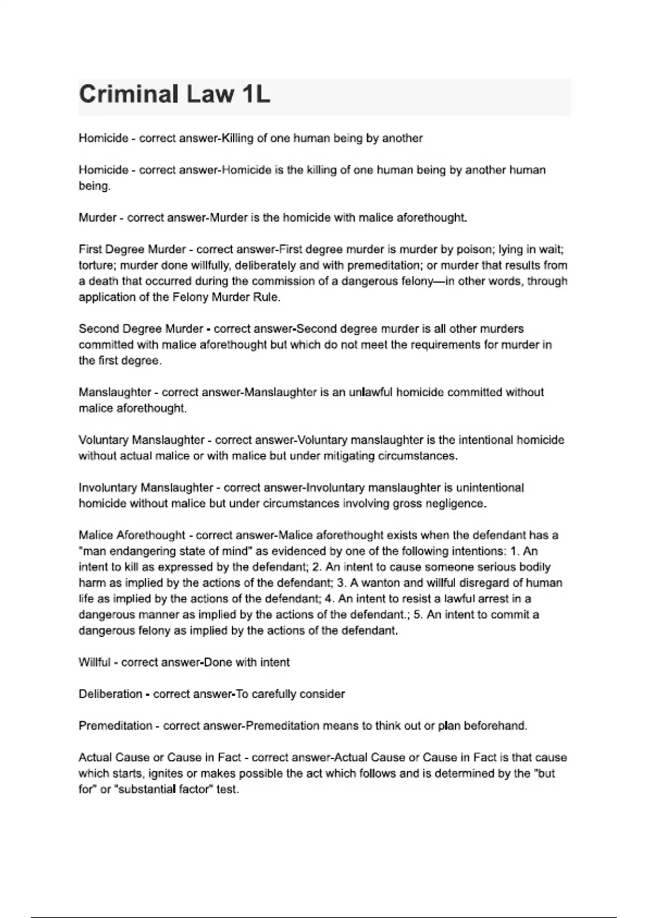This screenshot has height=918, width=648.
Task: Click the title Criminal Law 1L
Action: point(174,95)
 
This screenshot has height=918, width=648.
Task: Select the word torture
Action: point(96,265)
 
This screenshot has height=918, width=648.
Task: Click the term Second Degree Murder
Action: point(141,329)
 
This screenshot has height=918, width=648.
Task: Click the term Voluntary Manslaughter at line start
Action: point(141,440)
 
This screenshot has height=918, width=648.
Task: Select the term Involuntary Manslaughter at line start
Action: point(146,488)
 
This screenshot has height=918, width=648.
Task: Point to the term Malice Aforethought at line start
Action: point(132,535)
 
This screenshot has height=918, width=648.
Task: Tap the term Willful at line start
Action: point(94,662)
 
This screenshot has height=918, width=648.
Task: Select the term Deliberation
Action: point(110,694)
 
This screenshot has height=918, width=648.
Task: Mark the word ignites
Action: point(167,773)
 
